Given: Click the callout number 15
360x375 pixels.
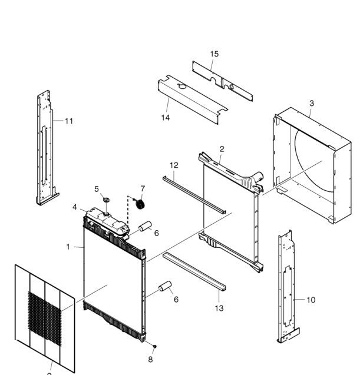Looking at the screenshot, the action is (214, 54).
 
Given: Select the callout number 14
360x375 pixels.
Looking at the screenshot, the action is (166, 118).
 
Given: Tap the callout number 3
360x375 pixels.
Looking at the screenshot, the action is (312, 104).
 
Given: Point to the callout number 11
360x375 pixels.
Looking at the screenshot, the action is (69, 121).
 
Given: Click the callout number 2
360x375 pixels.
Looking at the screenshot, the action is (222, 149).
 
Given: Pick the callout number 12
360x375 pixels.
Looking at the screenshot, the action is (174, 165).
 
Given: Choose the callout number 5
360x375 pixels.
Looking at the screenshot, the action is (97, 189).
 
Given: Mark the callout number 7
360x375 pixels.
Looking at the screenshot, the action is (143, 189).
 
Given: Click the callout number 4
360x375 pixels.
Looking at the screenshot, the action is (75, 207).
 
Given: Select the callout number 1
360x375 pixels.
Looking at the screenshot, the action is (68, 247).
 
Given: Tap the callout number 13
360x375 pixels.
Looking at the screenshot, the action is (219, 308).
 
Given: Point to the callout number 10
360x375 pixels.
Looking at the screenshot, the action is (311, 300).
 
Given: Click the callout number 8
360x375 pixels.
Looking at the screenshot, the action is (150, 359).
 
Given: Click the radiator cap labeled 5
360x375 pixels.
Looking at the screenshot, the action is (106, 200).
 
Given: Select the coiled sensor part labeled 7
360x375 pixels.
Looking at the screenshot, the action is (140, 204).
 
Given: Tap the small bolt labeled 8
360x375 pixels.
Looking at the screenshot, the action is (154, 346).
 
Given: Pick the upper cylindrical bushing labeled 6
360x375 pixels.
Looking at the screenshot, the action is (145, 226).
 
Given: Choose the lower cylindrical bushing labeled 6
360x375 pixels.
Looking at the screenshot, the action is (165, 286).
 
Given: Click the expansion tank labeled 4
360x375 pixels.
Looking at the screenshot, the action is (107, 223).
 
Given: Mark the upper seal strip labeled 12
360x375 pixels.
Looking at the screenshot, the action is (194, 195).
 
